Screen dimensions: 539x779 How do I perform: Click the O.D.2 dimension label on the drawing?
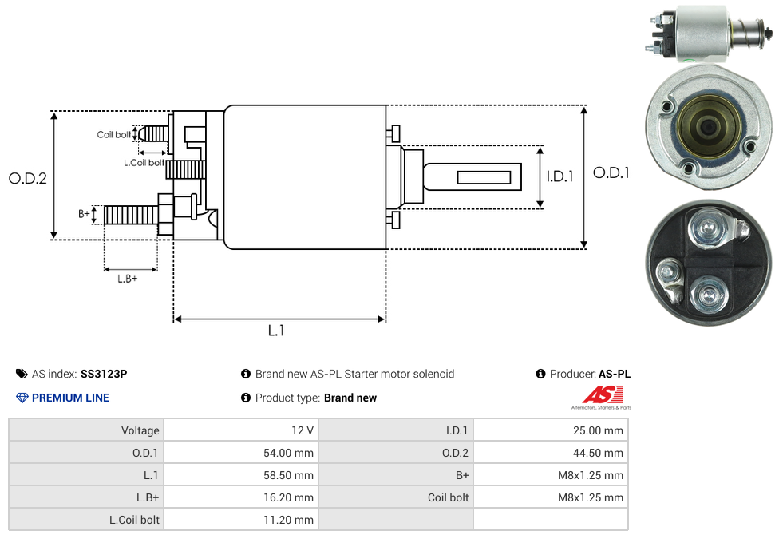point(28,179)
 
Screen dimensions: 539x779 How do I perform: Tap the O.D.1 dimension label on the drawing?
point(611,172)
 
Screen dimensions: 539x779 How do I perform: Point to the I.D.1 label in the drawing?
point(560,176)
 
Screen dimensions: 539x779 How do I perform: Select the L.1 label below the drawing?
point(276,331)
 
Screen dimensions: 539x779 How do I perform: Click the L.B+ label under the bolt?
point(128,279)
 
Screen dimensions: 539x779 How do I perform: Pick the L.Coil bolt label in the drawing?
point(144,163)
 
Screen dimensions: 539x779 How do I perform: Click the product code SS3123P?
point(104,374)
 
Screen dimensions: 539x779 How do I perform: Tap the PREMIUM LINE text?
point(70,398)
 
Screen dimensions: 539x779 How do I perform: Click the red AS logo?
point(603,394)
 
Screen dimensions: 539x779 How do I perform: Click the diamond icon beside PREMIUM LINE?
point(22,398)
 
